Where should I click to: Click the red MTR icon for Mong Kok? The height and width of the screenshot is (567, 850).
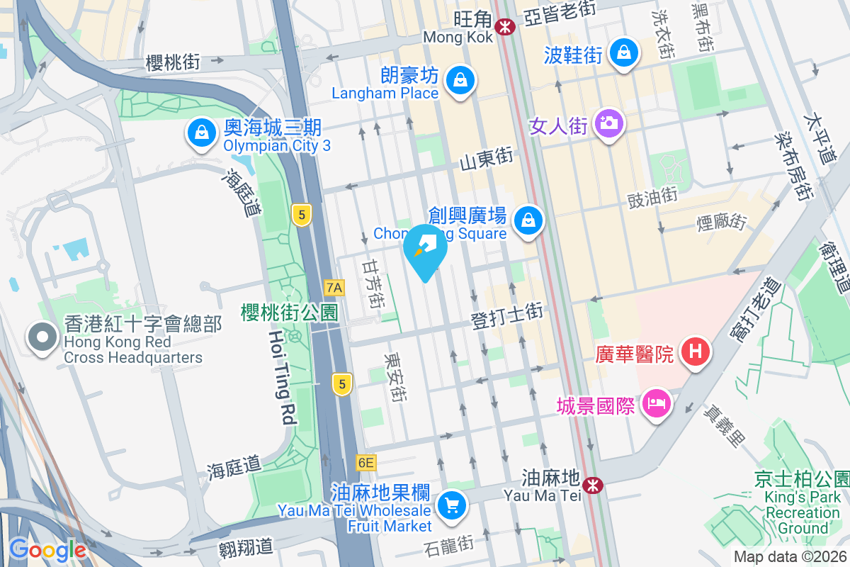click(x=506, y=27)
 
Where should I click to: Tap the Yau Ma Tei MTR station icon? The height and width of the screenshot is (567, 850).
click(x=594, y=485)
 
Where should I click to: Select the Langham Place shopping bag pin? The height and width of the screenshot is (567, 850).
click(x=461, y=79)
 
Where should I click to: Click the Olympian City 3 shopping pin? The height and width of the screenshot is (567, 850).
click(x=202, y=132)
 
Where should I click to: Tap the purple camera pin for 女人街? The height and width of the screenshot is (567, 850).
click(x=608, y=123)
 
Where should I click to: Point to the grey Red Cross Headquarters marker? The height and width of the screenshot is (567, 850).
click(x=42, y=337)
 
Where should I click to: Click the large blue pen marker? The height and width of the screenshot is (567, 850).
click(x=425, y=250)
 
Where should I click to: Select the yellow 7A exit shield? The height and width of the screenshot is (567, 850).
click(x=334, y=287)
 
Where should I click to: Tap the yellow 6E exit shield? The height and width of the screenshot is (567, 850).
click(x=365, y=463)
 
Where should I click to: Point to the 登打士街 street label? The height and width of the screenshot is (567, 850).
click(x=507, y=315)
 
